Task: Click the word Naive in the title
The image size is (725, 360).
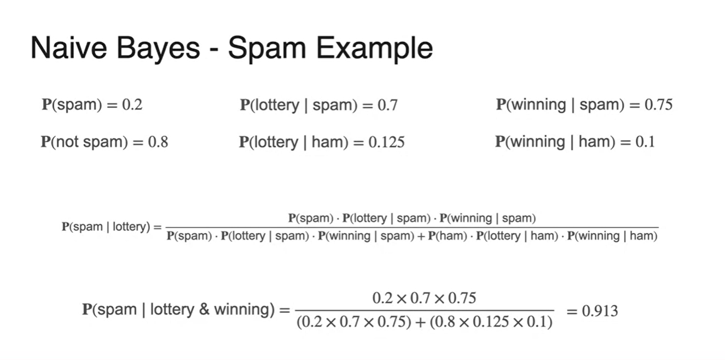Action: click(62, 48)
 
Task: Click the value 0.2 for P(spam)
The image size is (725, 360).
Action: click(132, 105)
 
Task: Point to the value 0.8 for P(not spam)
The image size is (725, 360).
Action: click(158, 142)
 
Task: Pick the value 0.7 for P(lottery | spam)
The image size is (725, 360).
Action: click(387, 105)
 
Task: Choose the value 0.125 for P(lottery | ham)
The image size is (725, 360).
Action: click(386, 142)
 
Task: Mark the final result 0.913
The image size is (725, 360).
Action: click(600, 311)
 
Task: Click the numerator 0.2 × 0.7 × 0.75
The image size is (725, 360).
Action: click(424, 298)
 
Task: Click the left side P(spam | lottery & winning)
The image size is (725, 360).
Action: click(178, 310)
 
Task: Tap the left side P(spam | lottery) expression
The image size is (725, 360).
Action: click(106, 227)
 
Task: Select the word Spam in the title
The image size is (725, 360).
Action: click(262, 48)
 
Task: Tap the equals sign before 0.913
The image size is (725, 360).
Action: click(572, 311)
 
